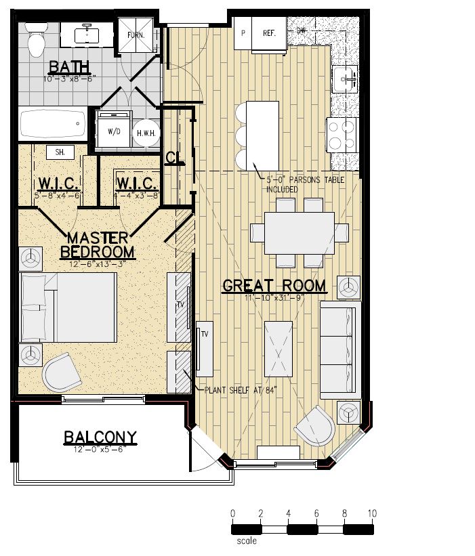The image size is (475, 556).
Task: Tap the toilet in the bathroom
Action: pyautogui.click(x=35, y=39)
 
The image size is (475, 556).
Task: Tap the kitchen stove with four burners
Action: pyautogui.click(x=342, y=134)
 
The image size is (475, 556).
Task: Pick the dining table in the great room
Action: pyautogui.click(x=299, y=232)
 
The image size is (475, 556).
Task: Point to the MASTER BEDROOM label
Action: pyautogui.click(x=97, y=244)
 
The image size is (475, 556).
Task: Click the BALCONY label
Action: pyautogui.click(x=100, y=437)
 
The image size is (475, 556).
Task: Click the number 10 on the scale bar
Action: pyautogui.click(x=371, y=513)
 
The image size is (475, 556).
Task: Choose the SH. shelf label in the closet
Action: pyautogui.click(x=60, y=152)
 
